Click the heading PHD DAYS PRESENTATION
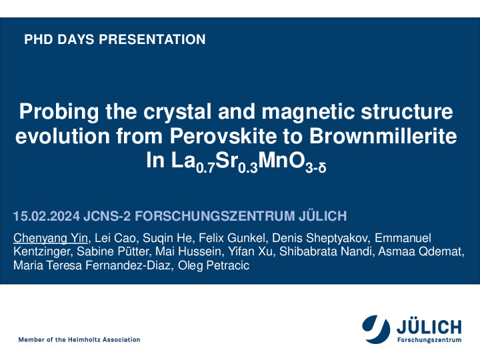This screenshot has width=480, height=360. [115, 39]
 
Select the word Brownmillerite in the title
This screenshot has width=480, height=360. [383, 136]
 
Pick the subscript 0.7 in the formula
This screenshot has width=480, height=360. [205, 168]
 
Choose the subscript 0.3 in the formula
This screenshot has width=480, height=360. [248, 168]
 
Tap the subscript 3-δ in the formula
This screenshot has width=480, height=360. [315, 168]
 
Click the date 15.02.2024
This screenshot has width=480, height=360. [47, 216]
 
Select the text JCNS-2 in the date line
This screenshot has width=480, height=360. [107, 216]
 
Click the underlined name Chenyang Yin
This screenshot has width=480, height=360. [51, 238]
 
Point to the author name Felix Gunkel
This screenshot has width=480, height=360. [232, 238]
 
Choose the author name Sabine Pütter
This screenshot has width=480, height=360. [113, 251]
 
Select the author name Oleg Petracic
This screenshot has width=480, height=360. [213, 265]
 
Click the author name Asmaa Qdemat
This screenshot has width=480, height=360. [420, 251]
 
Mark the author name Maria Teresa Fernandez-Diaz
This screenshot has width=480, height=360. [91, 265]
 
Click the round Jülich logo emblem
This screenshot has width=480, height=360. [376, 329]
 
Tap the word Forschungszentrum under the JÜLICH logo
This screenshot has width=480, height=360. [429, 340]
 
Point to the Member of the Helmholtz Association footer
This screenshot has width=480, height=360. [79, 339]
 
